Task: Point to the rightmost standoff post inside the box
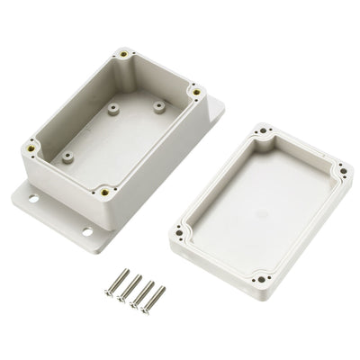(159, 107)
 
